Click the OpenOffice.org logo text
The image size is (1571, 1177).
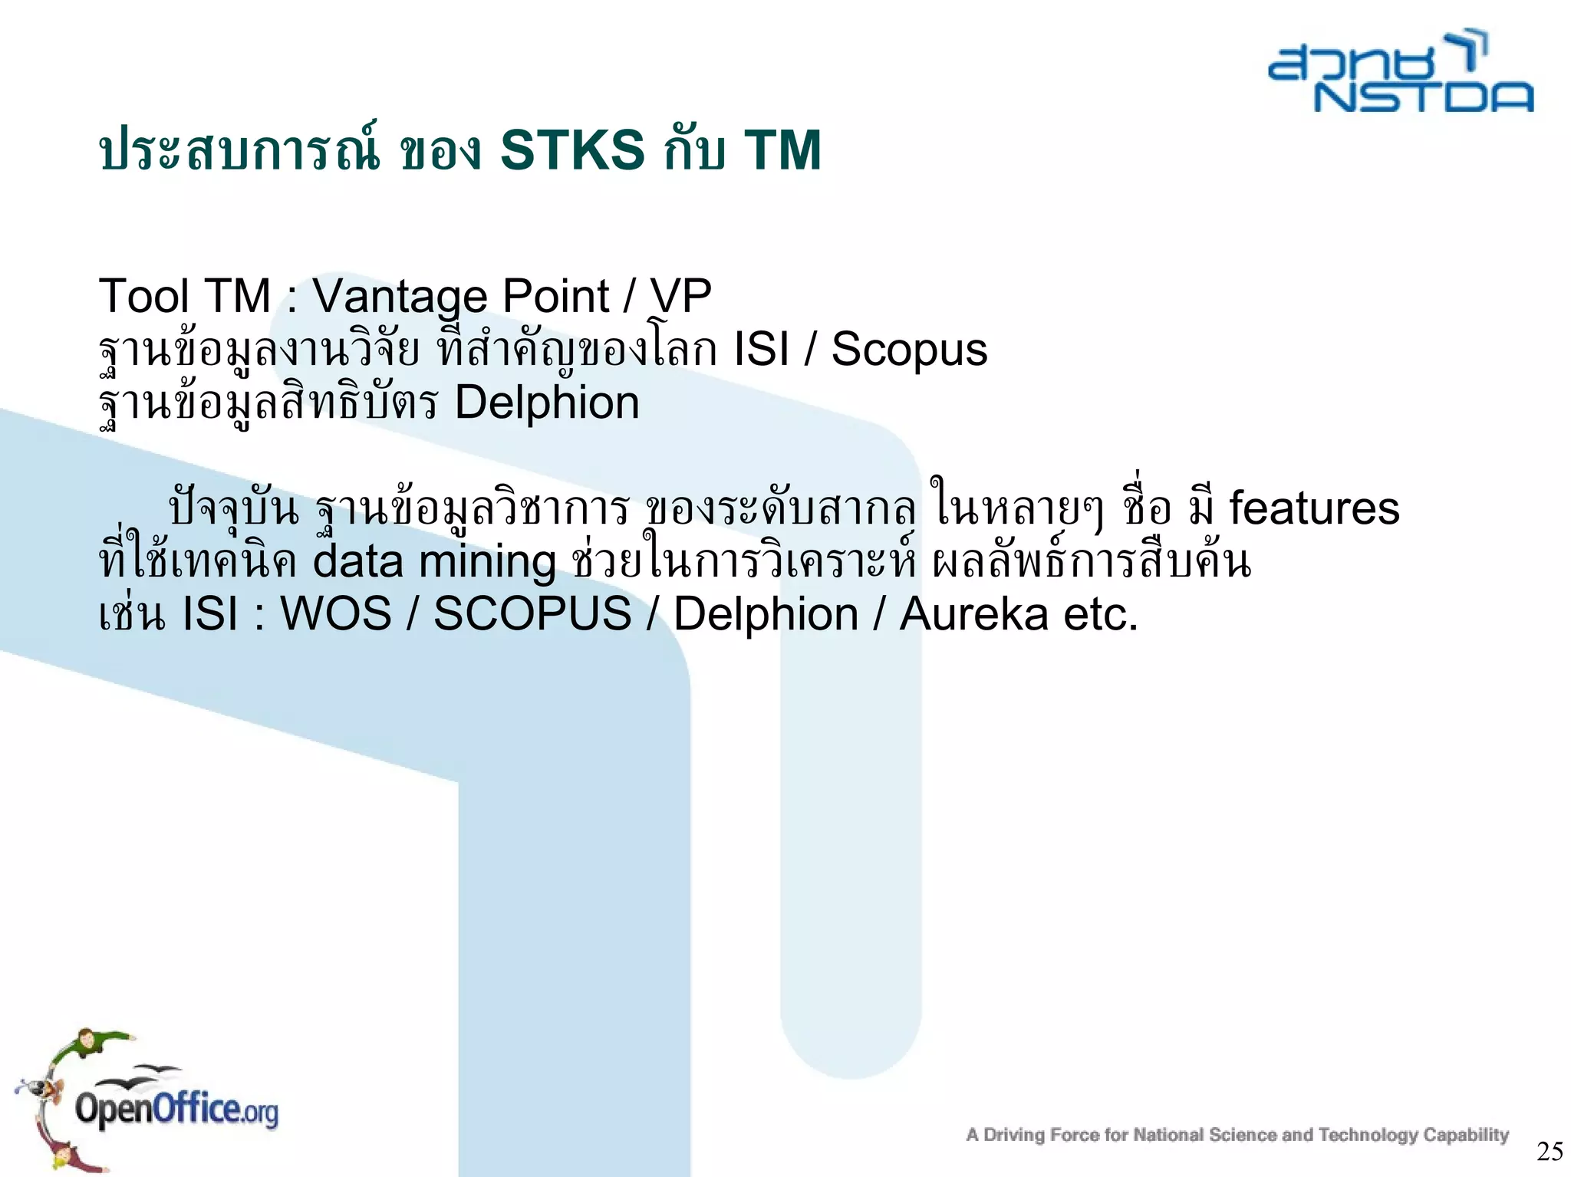point(176,1110)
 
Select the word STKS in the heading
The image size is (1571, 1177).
point(572,150)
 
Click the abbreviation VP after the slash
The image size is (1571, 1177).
point(680,297)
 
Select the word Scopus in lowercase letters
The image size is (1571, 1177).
point(909,350)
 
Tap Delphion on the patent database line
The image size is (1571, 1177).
point(547,403)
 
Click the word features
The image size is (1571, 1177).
point(1314,508)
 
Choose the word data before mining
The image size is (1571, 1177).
point(357,561)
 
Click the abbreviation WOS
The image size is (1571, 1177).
point(336,614)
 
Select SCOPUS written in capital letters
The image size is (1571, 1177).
point(532,614)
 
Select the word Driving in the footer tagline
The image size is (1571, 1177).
point(1014,1136)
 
